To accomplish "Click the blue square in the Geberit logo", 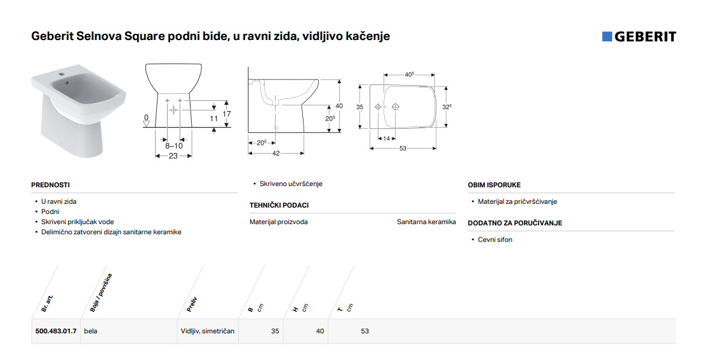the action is [x=606, y=36].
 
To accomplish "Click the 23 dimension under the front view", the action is [x=173, y=156].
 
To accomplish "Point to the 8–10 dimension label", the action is [x=174, y=145].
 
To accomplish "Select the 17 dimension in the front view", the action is [x=227, y=114].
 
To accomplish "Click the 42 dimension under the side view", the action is [x=276, y=153].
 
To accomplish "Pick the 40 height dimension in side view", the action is [x=339, y=106].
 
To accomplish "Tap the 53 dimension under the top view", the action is [x=403, y=149].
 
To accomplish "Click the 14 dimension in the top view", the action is [x=387, y=138].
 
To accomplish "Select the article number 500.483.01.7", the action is [x=56, y=331].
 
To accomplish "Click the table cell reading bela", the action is [x=91, y=331].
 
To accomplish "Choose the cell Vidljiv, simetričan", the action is [x=208, y=331].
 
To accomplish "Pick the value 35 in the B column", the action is [x=275, y=331].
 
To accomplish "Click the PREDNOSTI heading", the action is [x=51, y=185].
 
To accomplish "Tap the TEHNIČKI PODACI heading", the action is [x=279, y=205].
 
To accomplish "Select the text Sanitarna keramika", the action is [x=426, y=222].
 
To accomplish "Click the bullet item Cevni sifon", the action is [x=495, y=240].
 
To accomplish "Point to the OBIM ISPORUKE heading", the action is [x=494, y=185].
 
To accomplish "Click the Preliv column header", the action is [x=192, y=304].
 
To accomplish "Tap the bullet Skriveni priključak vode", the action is [x=77, y=222].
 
